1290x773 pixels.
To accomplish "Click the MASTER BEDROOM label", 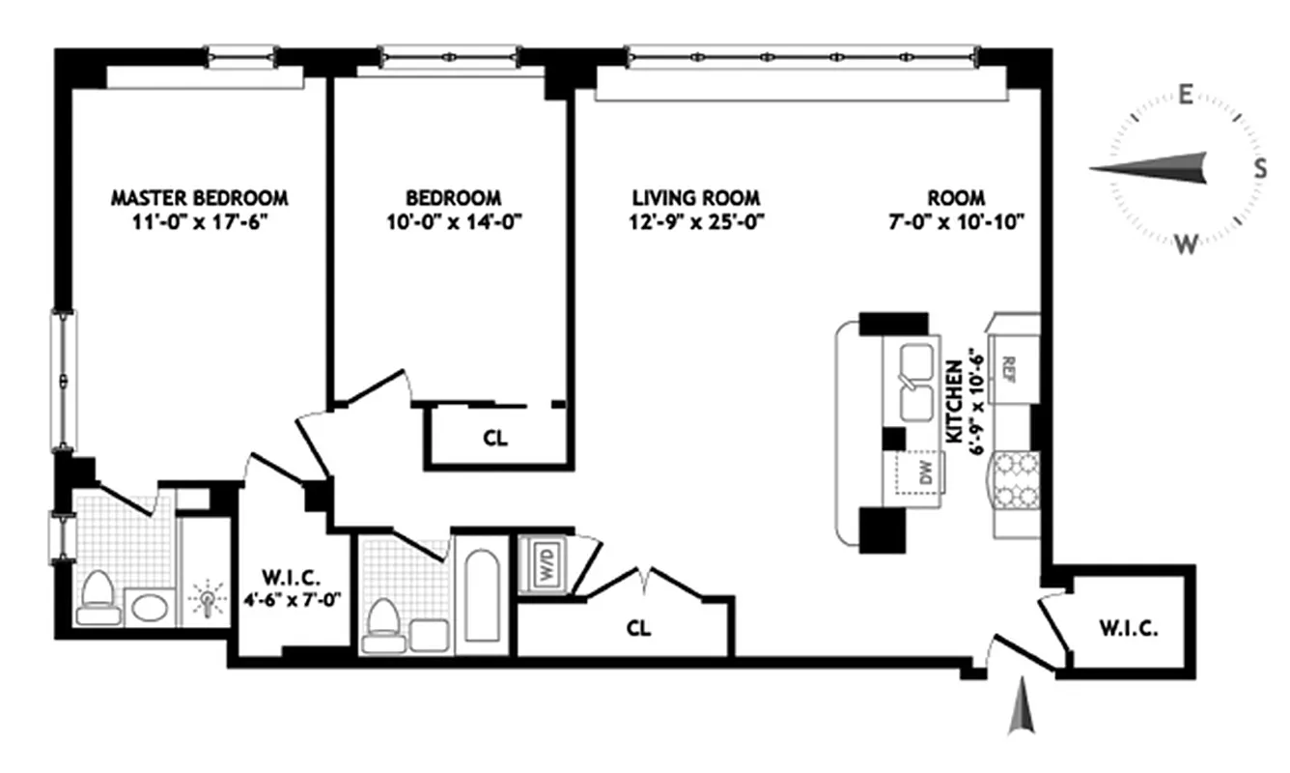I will (x=199, y=197).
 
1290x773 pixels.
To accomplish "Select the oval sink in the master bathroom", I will (x=149, y=608).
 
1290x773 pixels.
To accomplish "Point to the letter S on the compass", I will (x=1260, y=168).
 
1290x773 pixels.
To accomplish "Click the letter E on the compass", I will (x=1185, y=94).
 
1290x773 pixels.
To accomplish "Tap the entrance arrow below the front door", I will (x=1022, y=715).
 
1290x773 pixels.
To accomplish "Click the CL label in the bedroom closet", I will (x=494, y=438).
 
